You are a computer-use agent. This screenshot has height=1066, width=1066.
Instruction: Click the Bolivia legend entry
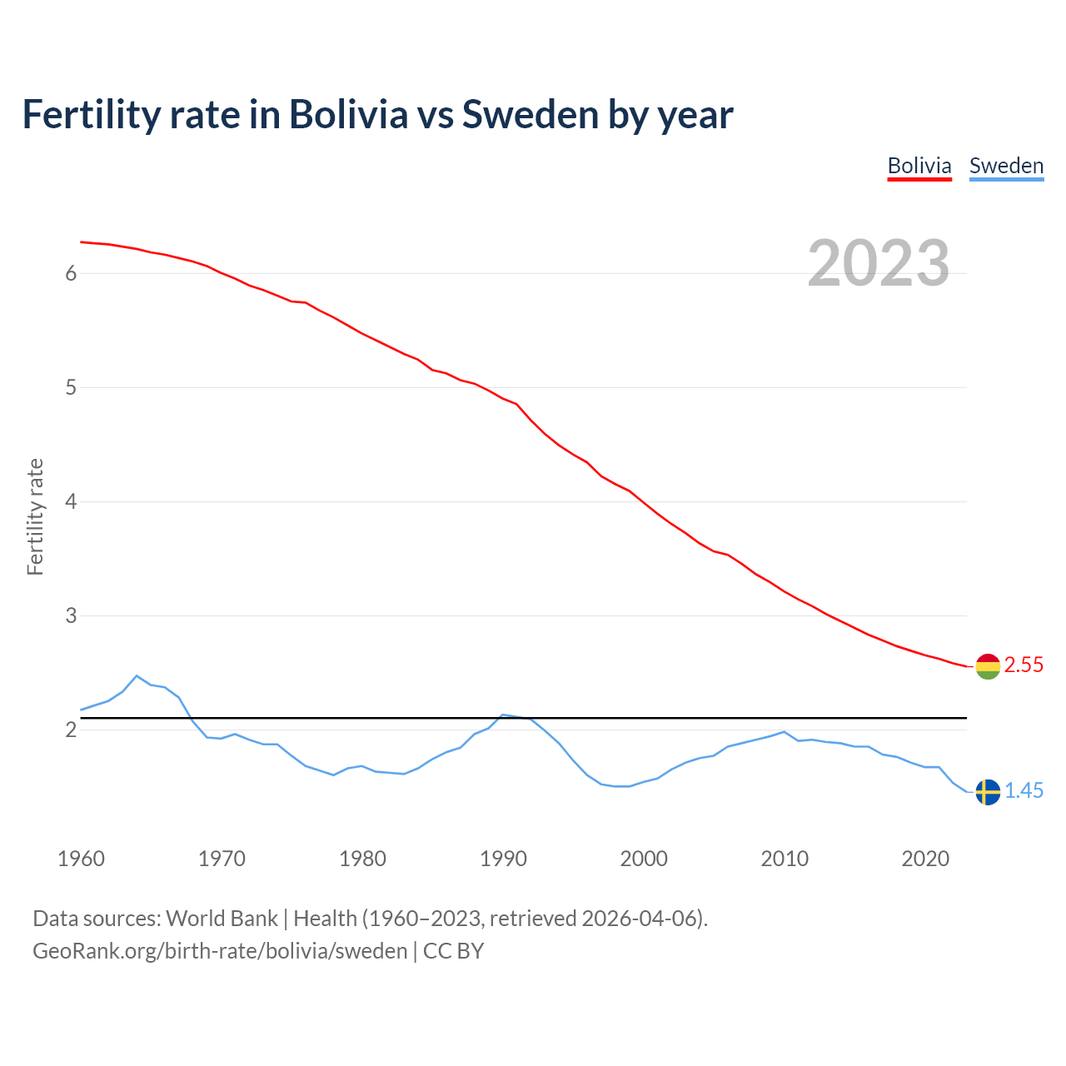tap(919, 166)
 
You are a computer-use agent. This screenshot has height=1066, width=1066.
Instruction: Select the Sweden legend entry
tap(1006, 166)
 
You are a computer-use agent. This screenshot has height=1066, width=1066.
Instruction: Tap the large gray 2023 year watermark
tap(879, 263)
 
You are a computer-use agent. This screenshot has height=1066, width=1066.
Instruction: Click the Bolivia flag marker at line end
tap(988, 666)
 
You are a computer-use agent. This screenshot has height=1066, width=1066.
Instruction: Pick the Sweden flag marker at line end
tap(988, 792)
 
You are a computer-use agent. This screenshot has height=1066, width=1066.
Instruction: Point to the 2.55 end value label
tap(1024, 665)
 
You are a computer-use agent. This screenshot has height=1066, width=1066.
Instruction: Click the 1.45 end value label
tap(1024, 791)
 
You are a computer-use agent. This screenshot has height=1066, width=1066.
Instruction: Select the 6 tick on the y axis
tap(71, 273)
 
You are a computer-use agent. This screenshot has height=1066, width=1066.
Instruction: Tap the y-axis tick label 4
tap(71, 501)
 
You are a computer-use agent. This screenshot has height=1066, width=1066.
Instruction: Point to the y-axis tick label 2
tap(71, 730)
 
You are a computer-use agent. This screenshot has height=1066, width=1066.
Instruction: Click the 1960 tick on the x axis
tap(81, 859)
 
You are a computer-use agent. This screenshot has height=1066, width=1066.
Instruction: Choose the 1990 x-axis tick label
tap(503, 859)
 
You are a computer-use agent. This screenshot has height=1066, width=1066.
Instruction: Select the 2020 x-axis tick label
tap(925, 859)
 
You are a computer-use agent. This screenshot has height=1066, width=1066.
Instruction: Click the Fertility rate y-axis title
tap(35, 516)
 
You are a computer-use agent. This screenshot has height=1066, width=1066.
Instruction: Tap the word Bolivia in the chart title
tap(348, 114)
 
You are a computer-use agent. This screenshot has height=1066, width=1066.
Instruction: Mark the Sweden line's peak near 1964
tap(137, 676)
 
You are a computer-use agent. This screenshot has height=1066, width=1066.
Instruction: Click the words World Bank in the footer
tap(222, 919)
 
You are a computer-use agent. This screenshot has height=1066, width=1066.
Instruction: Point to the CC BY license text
tap(454, 951)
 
